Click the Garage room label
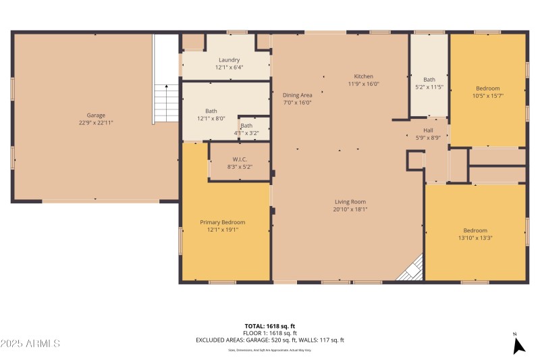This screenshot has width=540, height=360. tap(96, 115)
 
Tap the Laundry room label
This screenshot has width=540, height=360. tap(229, 59)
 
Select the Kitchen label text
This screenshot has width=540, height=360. tap(364, 76)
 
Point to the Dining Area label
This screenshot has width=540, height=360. tap(297, 95)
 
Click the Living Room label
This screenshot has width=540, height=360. tap(350, 201)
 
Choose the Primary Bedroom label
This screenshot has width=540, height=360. tap(222, 222)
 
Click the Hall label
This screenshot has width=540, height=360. tap(428, 130)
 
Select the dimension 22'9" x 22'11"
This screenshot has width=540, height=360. tap(96, 123)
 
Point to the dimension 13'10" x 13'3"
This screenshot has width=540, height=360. tap(475, 238)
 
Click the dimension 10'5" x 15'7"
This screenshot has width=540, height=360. tap(488, 96)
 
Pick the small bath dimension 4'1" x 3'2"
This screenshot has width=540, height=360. tap(247, 133)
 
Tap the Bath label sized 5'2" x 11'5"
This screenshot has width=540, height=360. tap(429, 80)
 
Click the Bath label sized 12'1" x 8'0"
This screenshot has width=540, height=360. tap(211, 111)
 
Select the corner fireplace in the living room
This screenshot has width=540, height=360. tap(412, 270)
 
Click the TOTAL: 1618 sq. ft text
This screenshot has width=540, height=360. tap(270, 326)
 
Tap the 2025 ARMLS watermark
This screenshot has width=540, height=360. tap(30, 343)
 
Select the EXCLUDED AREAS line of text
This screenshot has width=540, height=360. tap(270, 340)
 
